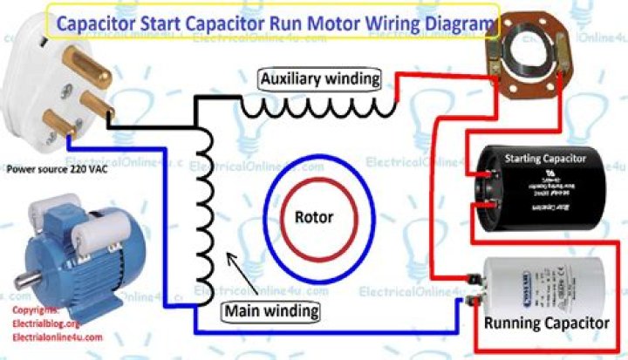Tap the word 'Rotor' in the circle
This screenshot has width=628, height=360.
(x=312, y=216)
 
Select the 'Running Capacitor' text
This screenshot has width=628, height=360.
(x=547, y=323)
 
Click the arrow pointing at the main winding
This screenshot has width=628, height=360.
(x=240, y=271)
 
